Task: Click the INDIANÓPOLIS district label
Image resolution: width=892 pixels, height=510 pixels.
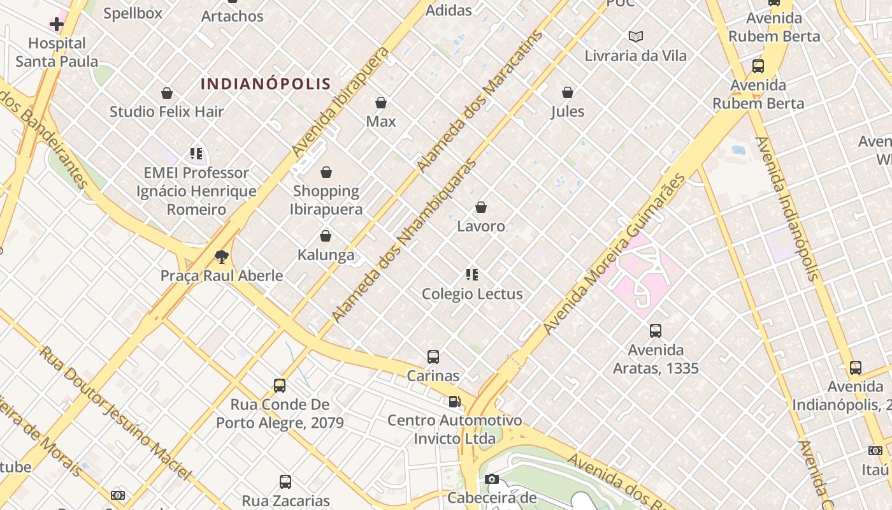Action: click(266, 84)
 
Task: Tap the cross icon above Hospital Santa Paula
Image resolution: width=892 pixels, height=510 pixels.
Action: click(57, 25)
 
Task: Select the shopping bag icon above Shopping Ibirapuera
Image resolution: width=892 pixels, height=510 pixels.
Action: click(326, 172)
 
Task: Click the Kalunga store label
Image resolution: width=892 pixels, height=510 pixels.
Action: click(326, 255)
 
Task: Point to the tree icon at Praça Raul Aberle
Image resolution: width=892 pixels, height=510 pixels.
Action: click(221, 257)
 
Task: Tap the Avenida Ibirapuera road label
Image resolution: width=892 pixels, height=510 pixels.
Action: click(340, 102)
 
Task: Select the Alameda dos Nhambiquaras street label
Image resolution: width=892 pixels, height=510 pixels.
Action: click(405, 240)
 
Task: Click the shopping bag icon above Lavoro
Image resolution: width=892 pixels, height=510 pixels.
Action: click(481, 207)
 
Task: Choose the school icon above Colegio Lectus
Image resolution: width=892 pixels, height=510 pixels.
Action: click(472, 275)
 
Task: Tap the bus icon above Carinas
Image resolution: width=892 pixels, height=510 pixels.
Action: click(433, 357)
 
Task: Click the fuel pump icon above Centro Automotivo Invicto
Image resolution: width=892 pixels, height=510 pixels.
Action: click(454, 402)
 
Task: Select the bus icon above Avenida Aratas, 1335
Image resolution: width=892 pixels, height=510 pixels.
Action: click(656, 331)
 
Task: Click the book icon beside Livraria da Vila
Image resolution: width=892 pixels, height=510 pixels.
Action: click(635, 36)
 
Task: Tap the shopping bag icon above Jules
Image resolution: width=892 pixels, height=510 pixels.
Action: click(568, 92)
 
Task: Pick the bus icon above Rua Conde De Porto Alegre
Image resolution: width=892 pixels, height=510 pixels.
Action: click(280, 385)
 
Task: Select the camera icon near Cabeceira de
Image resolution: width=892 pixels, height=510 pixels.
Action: click(491, 479)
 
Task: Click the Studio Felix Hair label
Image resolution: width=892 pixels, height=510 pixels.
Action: click(166, 112)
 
